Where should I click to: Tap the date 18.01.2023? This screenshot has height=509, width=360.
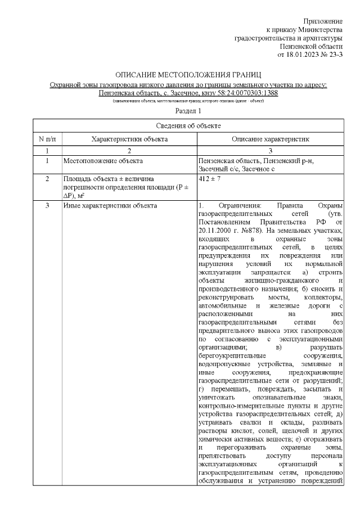click(304, 55)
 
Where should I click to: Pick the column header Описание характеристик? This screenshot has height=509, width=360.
click(271, 139)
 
